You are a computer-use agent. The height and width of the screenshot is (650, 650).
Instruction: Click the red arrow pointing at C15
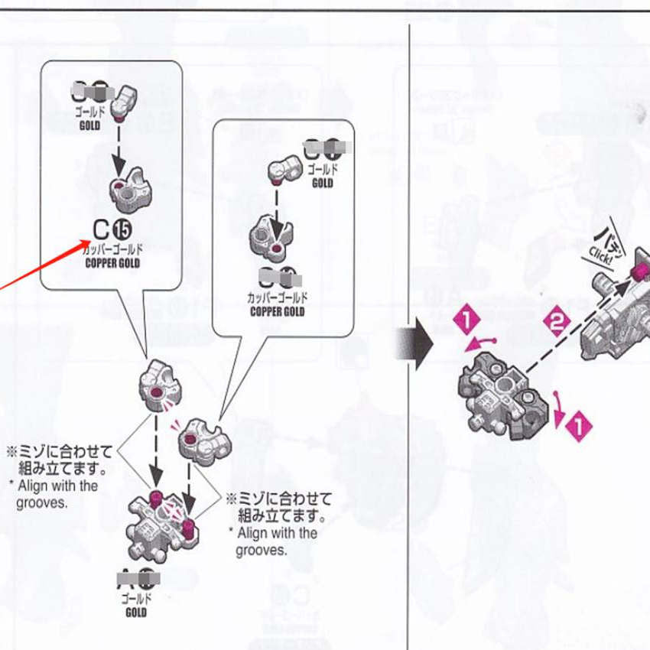(46, 265)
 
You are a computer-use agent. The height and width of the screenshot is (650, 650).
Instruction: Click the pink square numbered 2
(557, 322)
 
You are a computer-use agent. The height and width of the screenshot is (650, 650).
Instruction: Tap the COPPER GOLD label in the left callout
(112, 263)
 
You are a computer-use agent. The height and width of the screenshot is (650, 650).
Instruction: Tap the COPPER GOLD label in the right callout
(277, 311)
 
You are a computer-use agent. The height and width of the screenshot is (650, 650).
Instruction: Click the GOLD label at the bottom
(135, 612)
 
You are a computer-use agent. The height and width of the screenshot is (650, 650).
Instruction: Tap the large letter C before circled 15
(100, 228)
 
